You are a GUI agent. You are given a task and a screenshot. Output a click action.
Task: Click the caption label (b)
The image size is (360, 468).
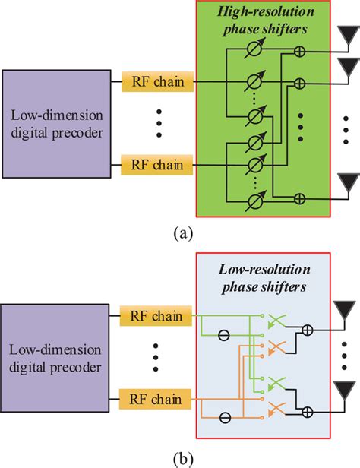point(179,458)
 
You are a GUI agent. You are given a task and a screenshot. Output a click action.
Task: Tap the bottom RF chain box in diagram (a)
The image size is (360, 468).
point(156,163)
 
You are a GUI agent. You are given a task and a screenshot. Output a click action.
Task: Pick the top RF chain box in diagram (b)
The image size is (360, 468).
point(156,311)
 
